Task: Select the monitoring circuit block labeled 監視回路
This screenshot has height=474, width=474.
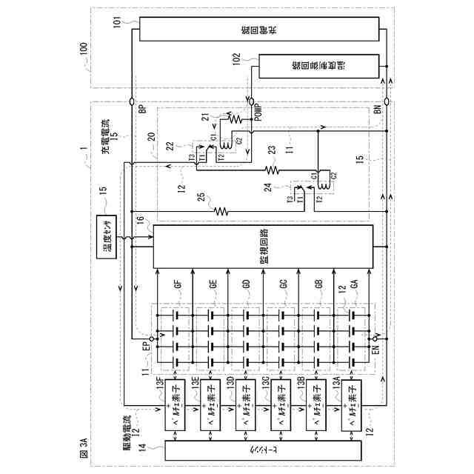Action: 263,247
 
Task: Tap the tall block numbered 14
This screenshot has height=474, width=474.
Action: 262,450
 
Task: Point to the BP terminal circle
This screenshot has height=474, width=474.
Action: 131,100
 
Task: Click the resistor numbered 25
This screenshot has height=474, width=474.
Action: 221,210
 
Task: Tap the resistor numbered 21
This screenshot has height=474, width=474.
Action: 236,118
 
